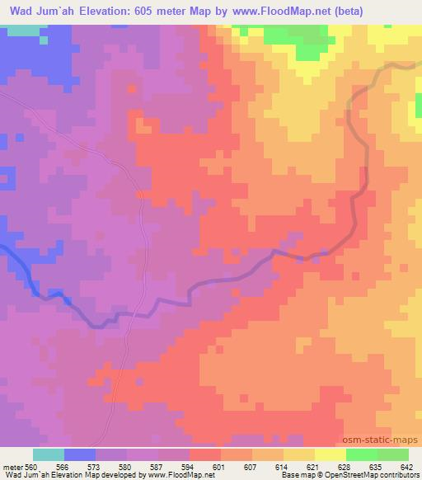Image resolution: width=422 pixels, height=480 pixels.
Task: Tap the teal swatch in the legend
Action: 49,454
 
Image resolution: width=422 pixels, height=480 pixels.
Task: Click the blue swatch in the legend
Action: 80,454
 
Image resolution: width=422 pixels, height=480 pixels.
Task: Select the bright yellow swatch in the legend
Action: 331,454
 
